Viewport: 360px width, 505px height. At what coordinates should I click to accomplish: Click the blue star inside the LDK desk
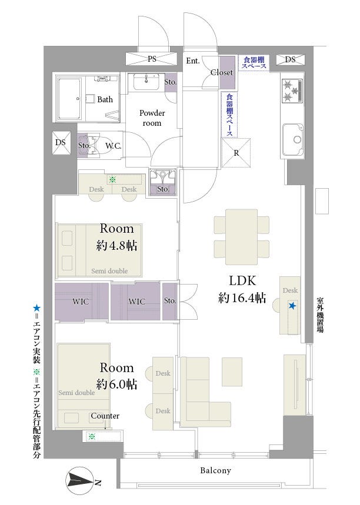click(292, 306)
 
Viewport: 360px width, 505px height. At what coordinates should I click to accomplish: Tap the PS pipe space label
click(152, 59)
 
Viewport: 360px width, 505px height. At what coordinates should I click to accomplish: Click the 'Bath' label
click(105, 99)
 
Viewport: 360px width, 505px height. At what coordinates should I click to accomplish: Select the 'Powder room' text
click(152, 118)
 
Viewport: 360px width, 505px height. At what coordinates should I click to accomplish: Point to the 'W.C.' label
click(113, 146)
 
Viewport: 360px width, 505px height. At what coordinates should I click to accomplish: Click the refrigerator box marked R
click(236, 153)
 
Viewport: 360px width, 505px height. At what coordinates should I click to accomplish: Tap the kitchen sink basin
click(293, 140)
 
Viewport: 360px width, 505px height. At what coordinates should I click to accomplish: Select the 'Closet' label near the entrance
click(222, 72)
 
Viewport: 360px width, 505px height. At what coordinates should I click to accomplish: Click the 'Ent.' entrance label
click(193, 61)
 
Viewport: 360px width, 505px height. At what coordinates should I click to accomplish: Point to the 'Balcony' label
click(216, 470)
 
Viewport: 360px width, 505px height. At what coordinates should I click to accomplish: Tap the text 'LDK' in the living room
click(242, 281)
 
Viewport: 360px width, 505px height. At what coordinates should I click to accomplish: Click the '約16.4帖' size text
click(242, 298)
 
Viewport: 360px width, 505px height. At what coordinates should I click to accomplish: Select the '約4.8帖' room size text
click(116, 245)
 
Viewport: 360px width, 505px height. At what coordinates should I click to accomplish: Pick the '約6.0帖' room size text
click(116, 384)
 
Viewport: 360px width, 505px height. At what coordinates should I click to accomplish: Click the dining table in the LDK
click(241, 237)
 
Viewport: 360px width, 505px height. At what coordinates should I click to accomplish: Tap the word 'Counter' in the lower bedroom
click(105, 416)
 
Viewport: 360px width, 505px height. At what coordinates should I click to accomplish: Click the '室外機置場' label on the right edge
click(320, 315)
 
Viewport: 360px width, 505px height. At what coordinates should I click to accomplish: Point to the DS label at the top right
click(290, 59)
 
